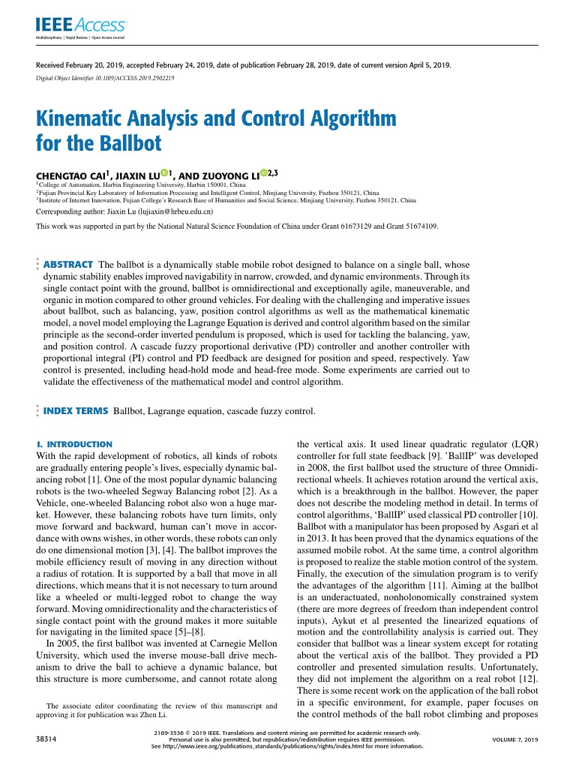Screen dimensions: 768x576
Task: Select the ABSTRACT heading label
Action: pos(68,265)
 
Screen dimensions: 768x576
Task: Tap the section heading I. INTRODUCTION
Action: pos(75,444)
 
